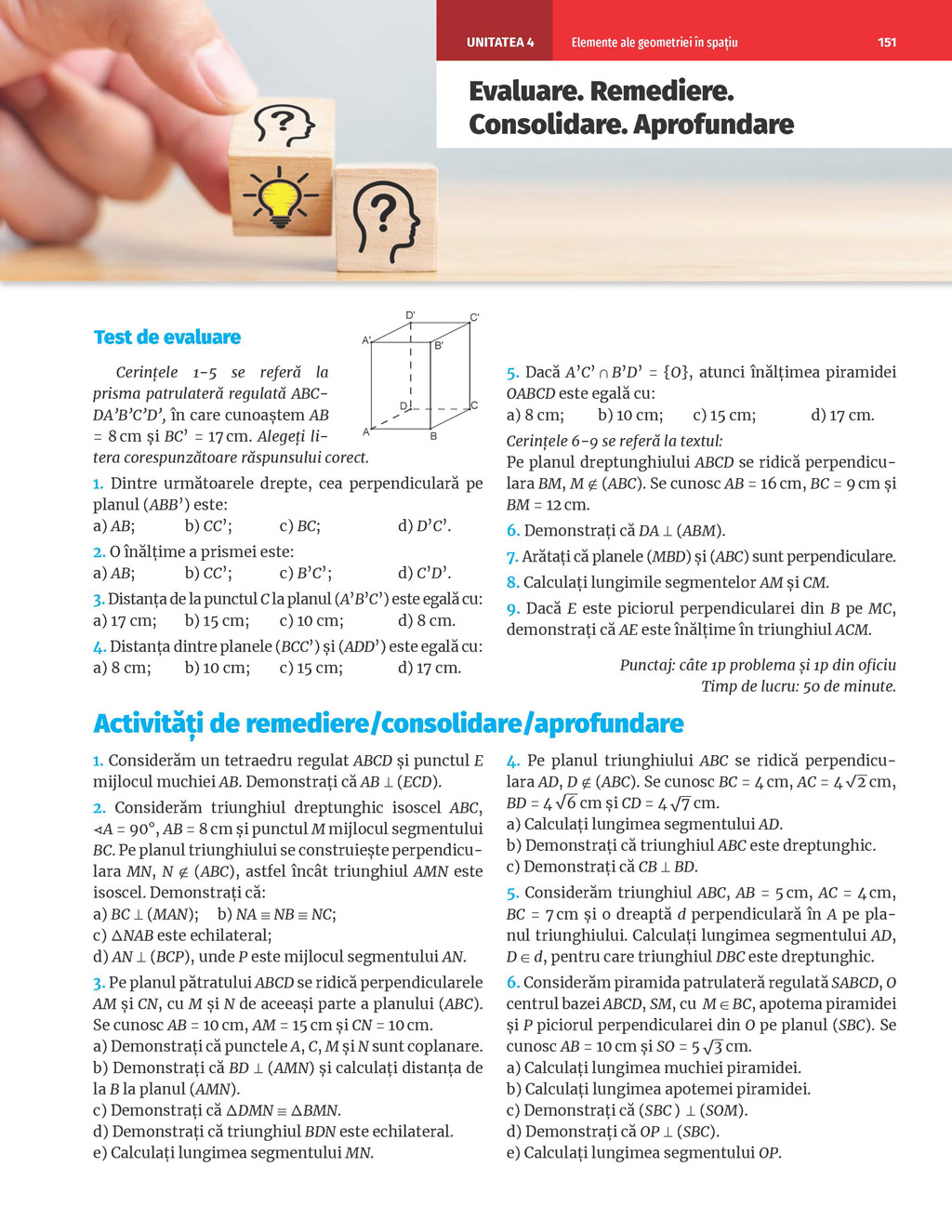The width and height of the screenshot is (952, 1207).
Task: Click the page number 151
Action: [886, 42]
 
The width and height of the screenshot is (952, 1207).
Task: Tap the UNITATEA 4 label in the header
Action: [499, 42]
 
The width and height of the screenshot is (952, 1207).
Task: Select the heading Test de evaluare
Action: [167, 338]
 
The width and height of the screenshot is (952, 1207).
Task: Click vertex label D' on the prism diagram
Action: [410, 315]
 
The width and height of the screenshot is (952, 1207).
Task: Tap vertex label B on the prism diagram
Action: [433, 436]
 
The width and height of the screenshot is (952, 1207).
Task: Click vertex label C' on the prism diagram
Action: [474, 318]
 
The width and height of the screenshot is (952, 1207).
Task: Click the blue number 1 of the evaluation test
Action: [98, 484]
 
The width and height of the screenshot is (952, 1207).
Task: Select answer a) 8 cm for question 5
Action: [535, 415]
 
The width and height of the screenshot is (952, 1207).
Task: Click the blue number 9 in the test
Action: [512, 609]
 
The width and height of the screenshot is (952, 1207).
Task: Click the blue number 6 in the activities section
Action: [512, 983]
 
